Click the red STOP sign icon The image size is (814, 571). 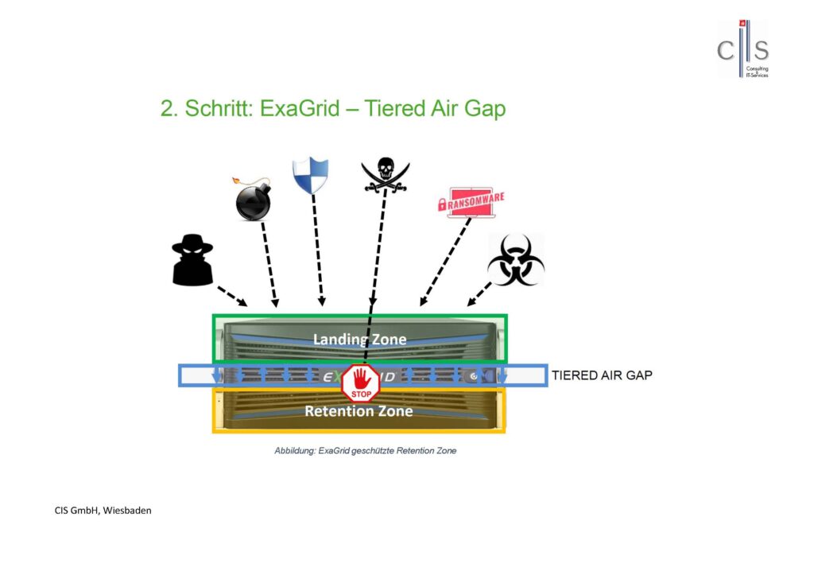361,382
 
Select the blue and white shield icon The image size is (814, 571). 310,176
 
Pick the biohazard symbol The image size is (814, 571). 515,260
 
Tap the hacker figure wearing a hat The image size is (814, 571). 192,260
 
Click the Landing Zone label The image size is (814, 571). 359,340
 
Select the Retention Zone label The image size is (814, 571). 359,411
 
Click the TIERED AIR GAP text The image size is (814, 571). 602,375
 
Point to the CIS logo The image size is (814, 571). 743,50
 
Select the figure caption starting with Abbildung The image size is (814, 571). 365,450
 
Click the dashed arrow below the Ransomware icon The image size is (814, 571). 445,262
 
